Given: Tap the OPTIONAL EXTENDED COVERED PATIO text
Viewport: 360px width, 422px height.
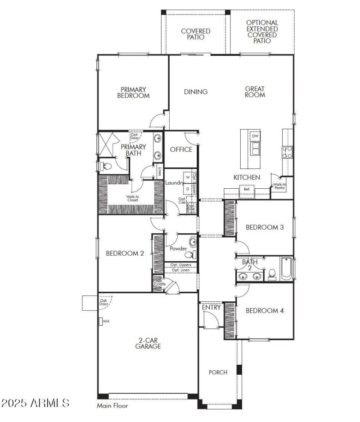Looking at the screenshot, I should pyautogui.click(x=262, y=32).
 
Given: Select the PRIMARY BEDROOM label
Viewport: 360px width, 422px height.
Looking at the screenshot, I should pyautogui.click(x=133, y=92).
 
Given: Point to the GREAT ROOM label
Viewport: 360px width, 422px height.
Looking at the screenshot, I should pyautogui.click(x=255, y=92).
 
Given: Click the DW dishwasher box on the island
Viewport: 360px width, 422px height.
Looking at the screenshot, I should pyautogui.click(x=255, y=136).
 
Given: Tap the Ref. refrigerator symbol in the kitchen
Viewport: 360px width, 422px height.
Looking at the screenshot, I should pyautogui.click(x=247, y=190).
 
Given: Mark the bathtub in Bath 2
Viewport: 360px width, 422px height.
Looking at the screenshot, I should pyautogui.click(x=286, y=268).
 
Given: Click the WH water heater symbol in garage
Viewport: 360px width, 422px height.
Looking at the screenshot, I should pyautogui.click(x=102, y=322).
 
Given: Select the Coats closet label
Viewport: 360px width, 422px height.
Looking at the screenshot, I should pyautogui.click(x=159, y=284).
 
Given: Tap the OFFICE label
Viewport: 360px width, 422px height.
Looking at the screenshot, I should pyautogui.click(x=181, y=150).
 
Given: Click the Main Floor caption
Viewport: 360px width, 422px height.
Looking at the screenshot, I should pyautogui.click(x=112, y=406).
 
